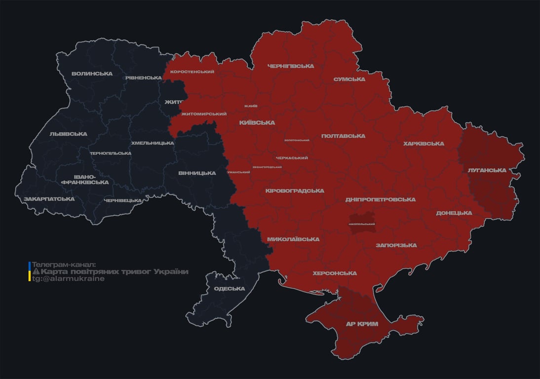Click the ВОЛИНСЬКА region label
click(92, 74)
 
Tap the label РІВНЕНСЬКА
click(143, 78)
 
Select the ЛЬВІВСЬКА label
click(68, 134)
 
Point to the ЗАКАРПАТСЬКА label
click(49, 199)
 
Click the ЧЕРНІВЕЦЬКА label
click(123, 200)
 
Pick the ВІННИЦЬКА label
click(197, 173)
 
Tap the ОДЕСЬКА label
click(230, 289)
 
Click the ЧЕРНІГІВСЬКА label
click(290, 66)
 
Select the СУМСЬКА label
click(349, 79)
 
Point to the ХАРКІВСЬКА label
click(424, 144)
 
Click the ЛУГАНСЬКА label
click(487, 170)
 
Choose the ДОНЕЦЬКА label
click(454, 213)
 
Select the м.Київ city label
click(251, 106)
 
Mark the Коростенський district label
click(192, 72)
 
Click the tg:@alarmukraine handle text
click(68, 278)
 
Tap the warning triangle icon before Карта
click(36, 272)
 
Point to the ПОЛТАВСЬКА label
click(343, 136)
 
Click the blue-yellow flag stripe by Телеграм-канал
click(30, 271)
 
